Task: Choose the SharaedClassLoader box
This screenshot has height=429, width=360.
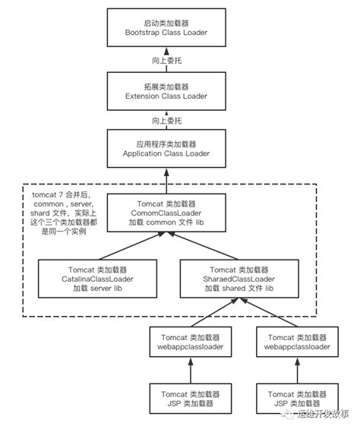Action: [237, 279]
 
